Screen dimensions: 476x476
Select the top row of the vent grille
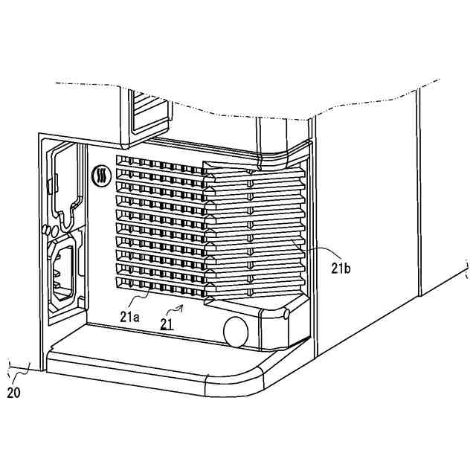(160, 161)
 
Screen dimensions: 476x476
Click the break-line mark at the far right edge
(467, 265)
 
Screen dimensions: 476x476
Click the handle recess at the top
(148, 115)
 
